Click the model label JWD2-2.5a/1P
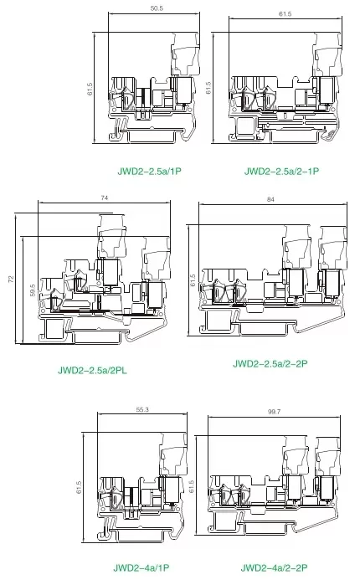(x=149, y=172)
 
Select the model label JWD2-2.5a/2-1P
(x=281, y=172)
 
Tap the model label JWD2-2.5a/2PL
(x=92, y=371)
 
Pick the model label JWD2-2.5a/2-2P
(x=270, y=364)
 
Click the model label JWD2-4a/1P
(x=141, y=567)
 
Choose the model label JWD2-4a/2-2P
(x=275, y=567)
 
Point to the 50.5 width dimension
(x=157, y=8)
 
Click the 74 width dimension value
(x=105, y=198)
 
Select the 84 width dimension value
(x=271, y=199)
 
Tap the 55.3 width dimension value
(x=142, y=409)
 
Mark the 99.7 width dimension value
(x=274, y=412)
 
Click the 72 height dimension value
(x=11, y=279)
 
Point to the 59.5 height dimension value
(x=33, y=290)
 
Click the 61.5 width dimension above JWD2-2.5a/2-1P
(x=285, y=14)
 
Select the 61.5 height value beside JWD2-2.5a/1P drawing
(x=90, y=89)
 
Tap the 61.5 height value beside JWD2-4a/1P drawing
(x=79, y=487)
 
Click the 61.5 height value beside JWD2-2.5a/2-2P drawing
(x=193, y=280)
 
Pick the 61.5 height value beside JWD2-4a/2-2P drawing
(x=192, y=486)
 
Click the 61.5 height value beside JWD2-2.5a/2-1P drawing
(x=208, y=88)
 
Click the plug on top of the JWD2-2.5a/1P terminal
(x=185, y=54)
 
